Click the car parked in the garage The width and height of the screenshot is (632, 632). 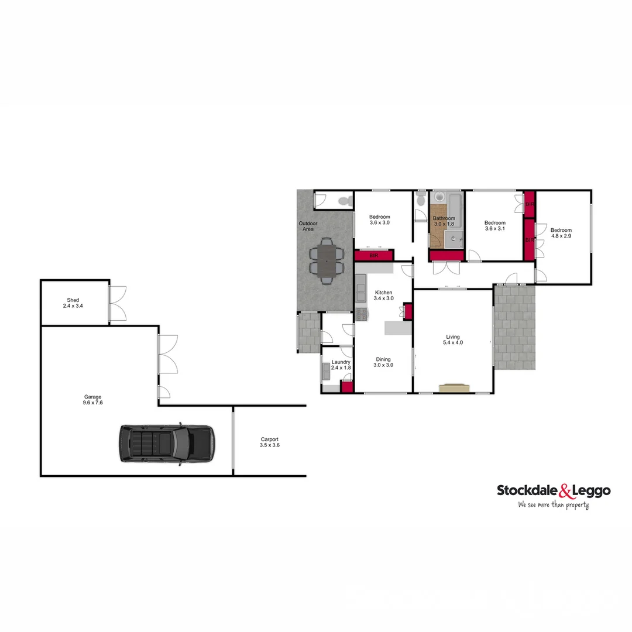point(167,444)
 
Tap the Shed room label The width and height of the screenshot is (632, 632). point(73,303)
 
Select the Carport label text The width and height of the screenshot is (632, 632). point(269,442)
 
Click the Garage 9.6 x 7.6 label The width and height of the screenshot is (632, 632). point(93,400)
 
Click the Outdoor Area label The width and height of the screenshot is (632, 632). point(308,226)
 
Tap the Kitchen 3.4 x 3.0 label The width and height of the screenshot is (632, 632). point(384,296)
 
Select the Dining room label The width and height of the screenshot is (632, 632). point(383,362)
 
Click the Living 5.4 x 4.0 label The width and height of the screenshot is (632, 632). point(453,340)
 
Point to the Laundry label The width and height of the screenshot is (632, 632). point(341,365)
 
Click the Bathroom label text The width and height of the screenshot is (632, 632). point(444,221)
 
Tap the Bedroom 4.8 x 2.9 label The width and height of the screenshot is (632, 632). point(560,233)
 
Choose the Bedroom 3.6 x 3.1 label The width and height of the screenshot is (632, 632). point(494,226)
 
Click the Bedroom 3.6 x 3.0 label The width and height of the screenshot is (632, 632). point(379,220)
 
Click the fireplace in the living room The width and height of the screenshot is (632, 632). point(455,387)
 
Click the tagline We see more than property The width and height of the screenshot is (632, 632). point(553,504)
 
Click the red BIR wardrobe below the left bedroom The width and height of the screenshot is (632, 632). point(373,256)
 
